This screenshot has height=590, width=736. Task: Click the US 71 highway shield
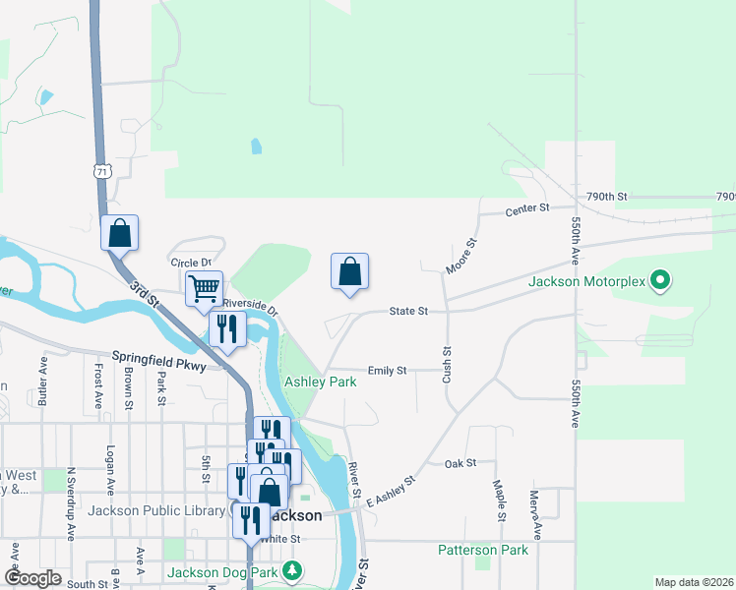click(102, 171)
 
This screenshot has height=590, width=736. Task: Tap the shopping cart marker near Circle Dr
click(204, 289)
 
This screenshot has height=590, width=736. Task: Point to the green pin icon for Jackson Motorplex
click(661, 282)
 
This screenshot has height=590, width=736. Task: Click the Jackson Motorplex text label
click(587, 282)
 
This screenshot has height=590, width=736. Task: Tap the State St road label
click(408, 311)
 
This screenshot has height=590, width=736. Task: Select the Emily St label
click(387, 371)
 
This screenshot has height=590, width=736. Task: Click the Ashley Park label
click(320, 382)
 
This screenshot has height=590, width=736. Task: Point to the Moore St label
click(460, 256)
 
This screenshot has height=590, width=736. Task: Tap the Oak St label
click(460, 463)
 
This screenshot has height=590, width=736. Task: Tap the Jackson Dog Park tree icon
click(292, 570)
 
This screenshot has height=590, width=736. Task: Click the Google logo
click(32, 578)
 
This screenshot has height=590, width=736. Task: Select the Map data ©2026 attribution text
click(693, 582)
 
